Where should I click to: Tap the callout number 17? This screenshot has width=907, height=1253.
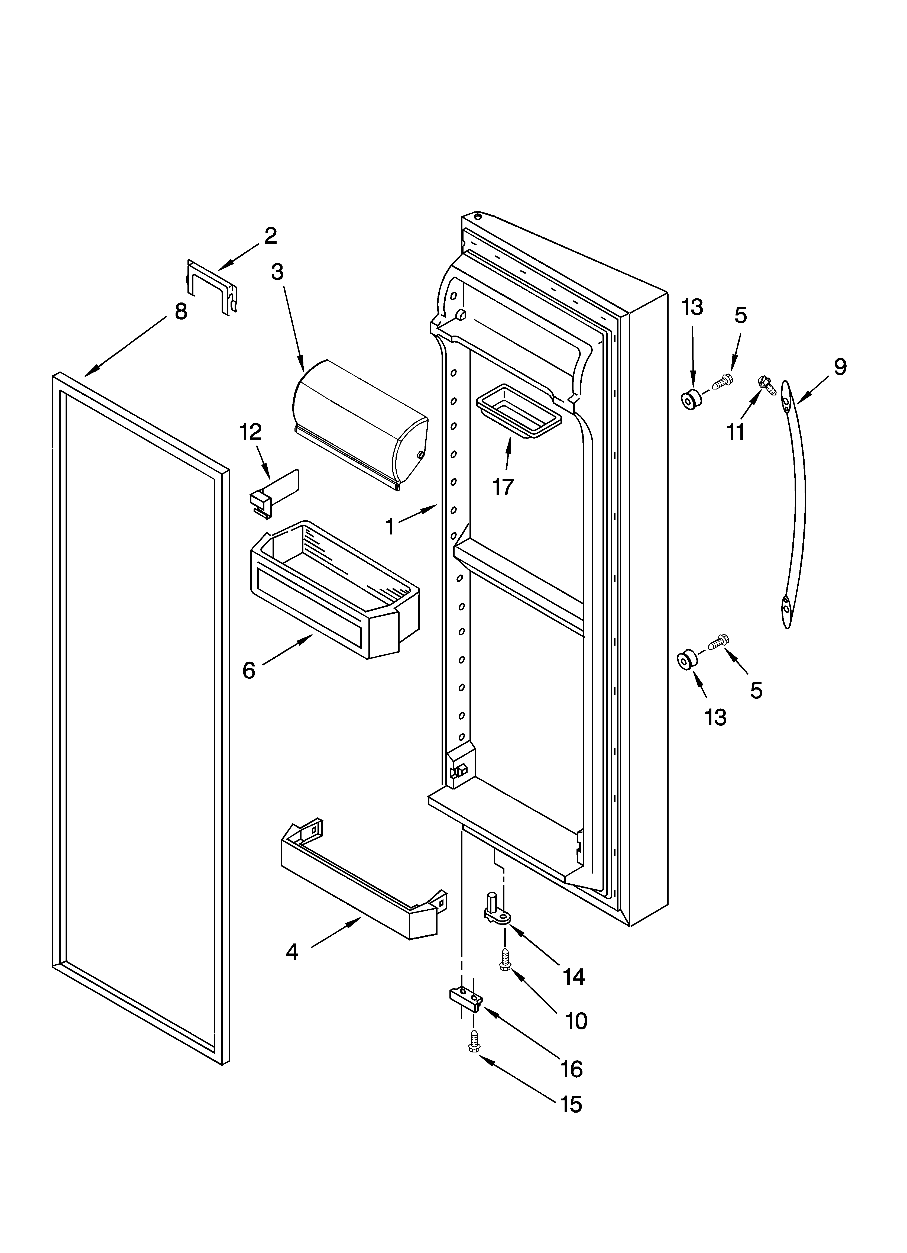503,487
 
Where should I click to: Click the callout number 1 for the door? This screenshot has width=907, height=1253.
390,527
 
